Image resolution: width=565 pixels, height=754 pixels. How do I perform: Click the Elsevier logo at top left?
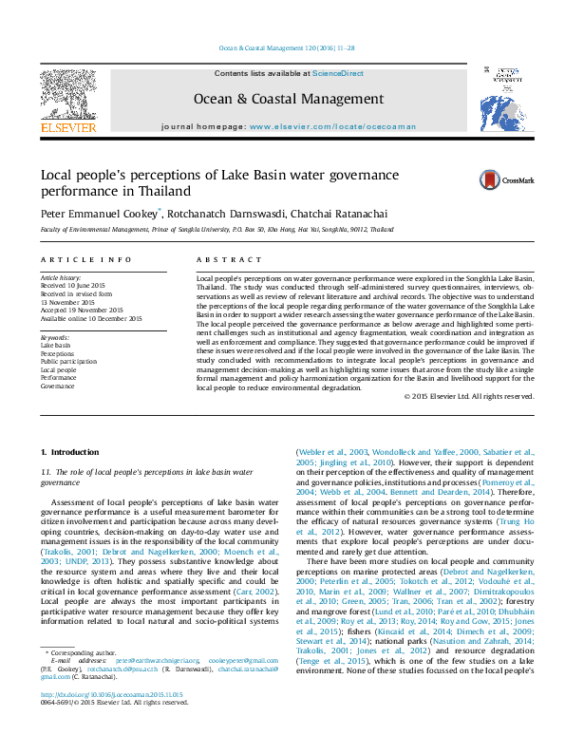(68, 102)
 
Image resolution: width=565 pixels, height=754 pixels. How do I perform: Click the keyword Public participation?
(68, 362)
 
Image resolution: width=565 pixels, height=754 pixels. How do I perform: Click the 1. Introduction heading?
(71, 452)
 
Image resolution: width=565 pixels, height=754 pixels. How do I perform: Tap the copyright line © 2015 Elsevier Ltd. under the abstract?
(461, 396)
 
